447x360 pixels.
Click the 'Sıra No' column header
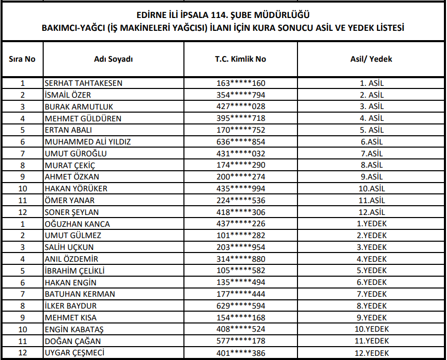click(22, 59)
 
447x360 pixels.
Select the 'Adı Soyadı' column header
click(114, 59)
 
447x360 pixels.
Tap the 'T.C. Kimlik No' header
click(240, 59)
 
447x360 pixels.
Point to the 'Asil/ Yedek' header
click(371, 59)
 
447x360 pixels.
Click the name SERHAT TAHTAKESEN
click(84, 83)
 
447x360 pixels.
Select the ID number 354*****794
click(240, 95)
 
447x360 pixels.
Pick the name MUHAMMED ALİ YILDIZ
click(88, 141)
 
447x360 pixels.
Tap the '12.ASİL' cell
click(371, 212)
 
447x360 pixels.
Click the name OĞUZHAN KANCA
click(78, 224)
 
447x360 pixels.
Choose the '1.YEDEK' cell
click(371, 224)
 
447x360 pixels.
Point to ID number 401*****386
click(240, 353)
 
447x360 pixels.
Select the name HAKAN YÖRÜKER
click(76, 189)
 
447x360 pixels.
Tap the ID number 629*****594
click(240, 306)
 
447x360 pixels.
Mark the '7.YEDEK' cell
click(371, 294)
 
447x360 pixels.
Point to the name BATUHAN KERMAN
click(80, 294)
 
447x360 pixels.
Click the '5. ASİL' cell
click(371, 130)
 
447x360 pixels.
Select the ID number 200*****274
click(240, 177)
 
